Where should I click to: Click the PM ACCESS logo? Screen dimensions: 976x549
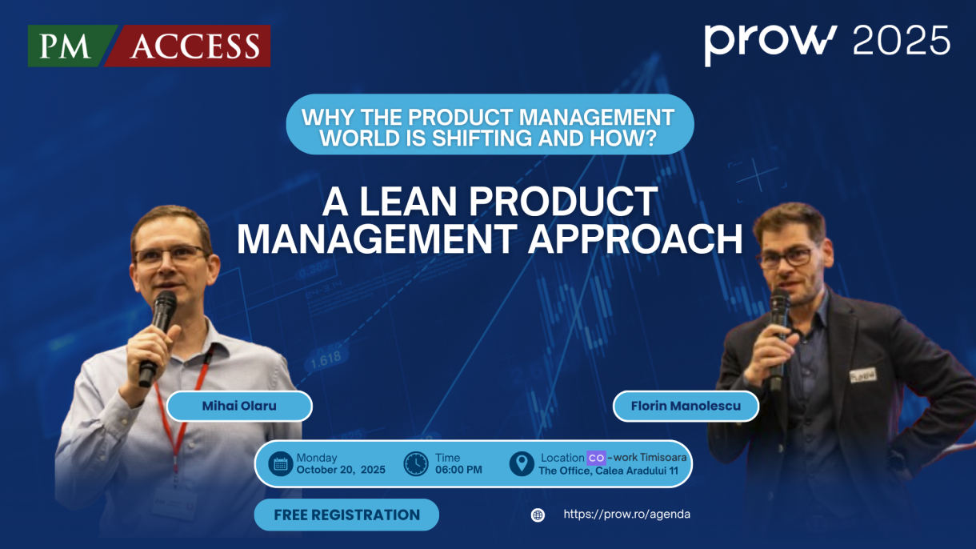click(x=149, y=46)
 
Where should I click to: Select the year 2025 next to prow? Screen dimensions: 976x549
click(x=901, y=40)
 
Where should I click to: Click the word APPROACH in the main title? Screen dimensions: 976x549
click(x=635, y=238)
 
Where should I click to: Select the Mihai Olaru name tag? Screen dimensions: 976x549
click(x=239, y=406)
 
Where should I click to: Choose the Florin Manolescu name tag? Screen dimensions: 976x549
click(x=686, y=406)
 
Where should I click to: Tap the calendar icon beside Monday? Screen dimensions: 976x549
click(x=281, y=464)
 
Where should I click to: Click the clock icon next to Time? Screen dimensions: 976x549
click(x=416, y=464)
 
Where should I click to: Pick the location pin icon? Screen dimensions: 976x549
click(x=522, y=463)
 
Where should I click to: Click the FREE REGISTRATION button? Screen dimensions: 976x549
click(x=347, y=515)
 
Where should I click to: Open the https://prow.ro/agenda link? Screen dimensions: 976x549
click(x=627, y=514)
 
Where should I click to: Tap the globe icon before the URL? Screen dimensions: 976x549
click(x=538, y=515)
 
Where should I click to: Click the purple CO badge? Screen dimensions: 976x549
click(x=596, y=458)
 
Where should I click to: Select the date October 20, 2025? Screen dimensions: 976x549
click(x=341, y=470)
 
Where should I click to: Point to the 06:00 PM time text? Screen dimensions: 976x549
click(x=458, y=470)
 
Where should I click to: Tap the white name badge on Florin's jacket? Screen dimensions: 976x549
click(x=862, y=375)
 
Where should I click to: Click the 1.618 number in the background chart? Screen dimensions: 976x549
click(x=326, y=359)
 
